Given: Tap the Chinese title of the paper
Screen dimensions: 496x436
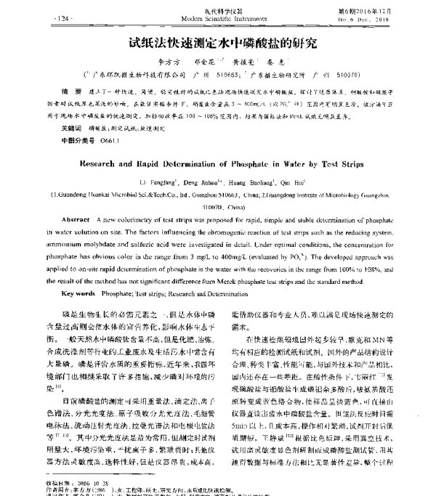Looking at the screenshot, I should click(217, 43).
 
